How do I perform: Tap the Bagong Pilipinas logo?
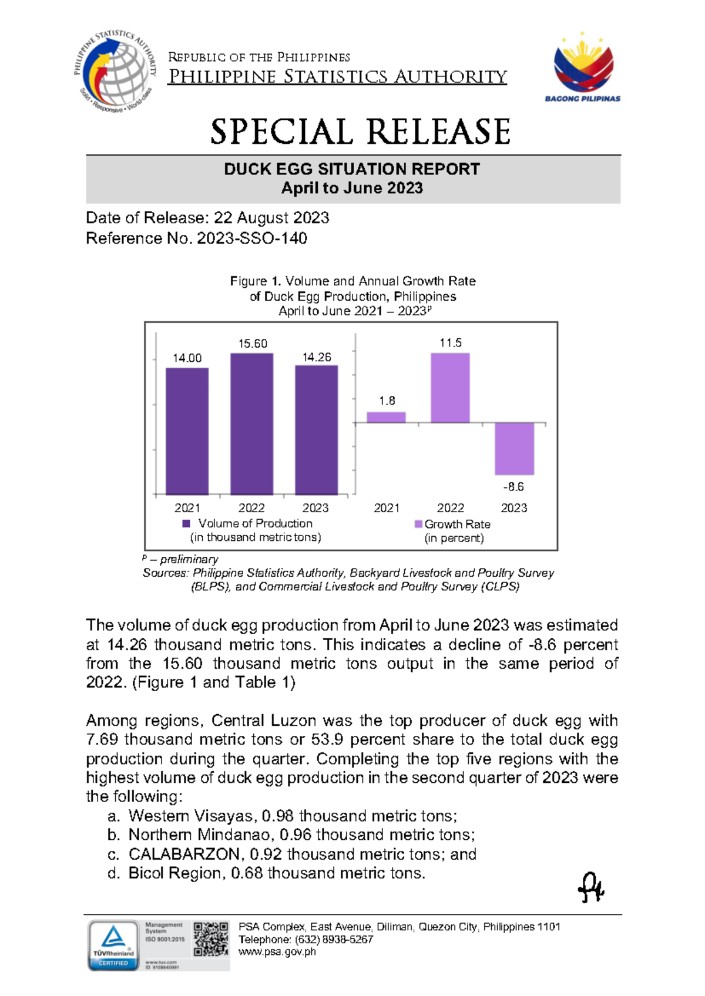[583, 68]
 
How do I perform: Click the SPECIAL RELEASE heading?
[360, 132]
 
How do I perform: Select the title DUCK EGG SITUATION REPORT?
[352, 169]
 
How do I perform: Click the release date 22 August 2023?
[271, 218]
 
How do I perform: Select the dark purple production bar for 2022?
[251, 424]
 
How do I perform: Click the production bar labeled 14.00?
[187, 431]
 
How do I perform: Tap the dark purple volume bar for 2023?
[316, 430]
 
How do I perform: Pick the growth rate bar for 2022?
[450, 388]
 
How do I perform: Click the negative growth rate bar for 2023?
[514, 449]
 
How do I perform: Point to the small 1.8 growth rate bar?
[386, 417]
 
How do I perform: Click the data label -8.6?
[513, 487]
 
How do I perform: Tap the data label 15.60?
[253, 344]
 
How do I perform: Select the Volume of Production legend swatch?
[186, 523]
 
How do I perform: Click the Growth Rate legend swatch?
[418, 524]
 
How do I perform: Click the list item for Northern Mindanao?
[301, 835]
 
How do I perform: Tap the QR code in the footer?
[211, 938]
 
